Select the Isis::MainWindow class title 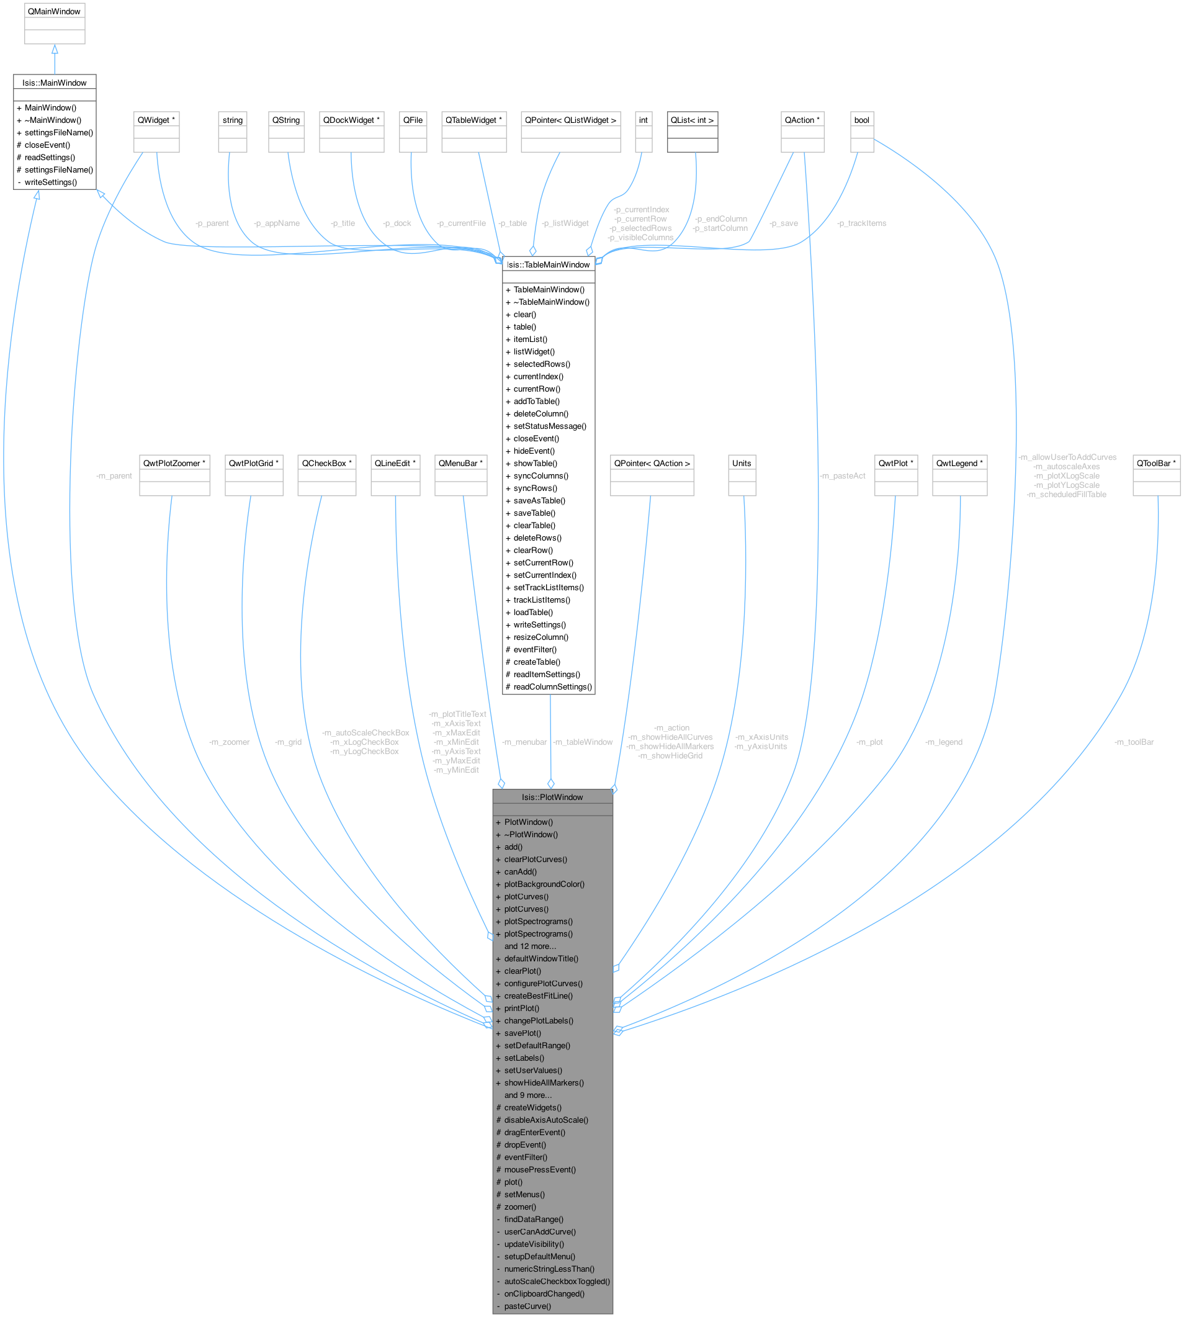pos(54,83)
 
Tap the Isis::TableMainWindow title pos(549,264)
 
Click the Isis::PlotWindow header pos(552,797)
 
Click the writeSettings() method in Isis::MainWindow pos(51,182)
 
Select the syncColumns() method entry pos(540,475)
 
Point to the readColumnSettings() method pos(552,686)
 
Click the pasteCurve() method pos(527,1306)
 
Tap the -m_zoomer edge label pos(229,742)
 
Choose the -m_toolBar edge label pos(1134,742)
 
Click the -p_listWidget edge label pos(565,223)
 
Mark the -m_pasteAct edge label pos(843,475)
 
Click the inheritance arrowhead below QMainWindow pos(55,50)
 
